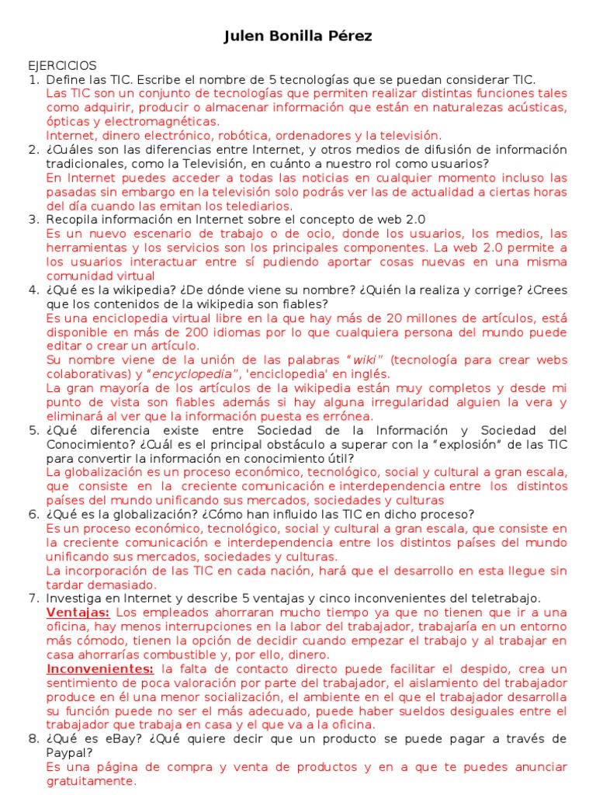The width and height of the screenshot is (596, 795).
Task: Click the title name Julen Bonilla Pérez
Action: (x=298, y=36)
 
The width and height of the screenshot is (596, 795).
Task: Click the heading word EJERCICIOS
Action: (x=62, y=66)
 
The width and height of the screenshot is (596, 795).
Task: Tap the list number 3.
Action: (x=33, y=220)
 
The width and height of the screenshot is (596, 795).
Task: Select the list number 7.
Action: (x=33, y=598)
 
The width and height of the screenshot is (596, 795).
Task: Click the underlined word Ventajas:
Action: (x=78, y=613)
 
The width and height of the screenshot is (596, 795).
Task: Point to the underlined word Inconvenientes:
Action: (x=100, y=668)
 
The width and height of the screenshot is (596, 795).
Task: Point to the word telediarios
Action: (x=256, y=206)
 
